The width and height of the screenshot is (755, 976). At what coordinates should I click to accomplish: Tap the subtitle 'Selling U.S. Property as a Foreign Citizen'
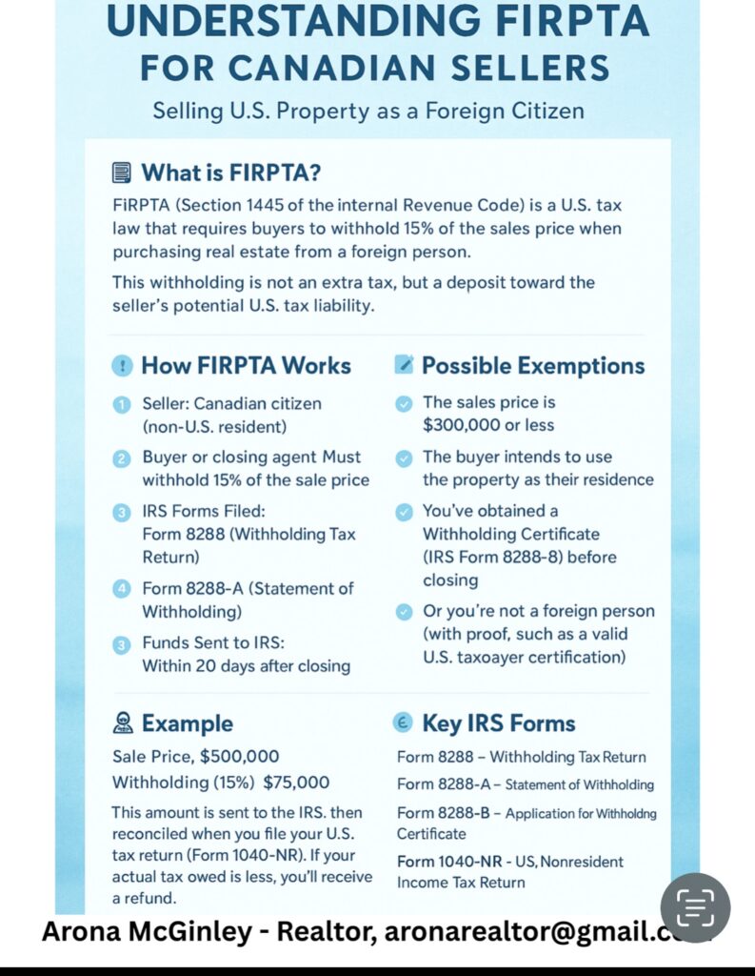pyautogui.click(x=368, y=111)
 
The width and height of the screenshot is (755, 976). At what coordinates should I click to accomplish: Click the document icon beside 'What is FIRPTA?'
pyautogui.click(x=121, y=173)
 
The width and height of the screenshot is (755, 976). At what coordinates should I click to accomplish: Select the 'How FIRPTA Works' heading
pyautogui.click(x=246, y=365)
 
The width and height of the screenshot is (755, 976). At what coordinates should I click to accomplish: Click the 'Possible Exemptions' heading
pyautogui.click(x=532, y=365)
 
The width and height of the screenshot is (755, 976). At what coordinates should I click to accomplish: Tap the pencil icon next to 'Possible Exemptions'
pyautogui.click(x=404, y=364)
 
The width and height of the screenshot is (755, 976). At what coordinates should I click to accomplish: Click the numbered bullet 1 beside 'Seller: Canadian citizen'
pyautogui.click(x=121, y=404)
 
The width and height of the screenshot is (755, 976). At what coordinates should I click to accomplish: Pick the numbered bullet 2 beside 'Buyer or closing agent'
pyautogui.click(x=121, y=458)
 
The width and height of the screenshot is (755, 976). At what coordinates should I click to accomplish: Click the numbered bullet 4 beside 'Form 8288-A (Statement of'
pyautogui.click(x=121, y=589)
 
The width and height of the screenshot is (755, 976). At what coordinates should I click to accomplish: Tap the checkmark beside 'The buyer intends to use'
pyautogui.click(x=404, y=457)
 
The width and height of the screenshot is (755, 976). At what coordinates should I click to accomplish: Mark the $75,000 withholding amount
pyautogui.click(x=296, y=783)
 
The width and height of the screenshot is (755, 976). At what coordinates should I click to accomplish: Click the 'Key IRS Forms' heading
pyautogui.click(x=498, y=723)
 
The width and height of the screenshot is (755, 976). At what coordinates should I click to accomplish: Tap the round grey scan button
pyautogui.click(x=695, y=908)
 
